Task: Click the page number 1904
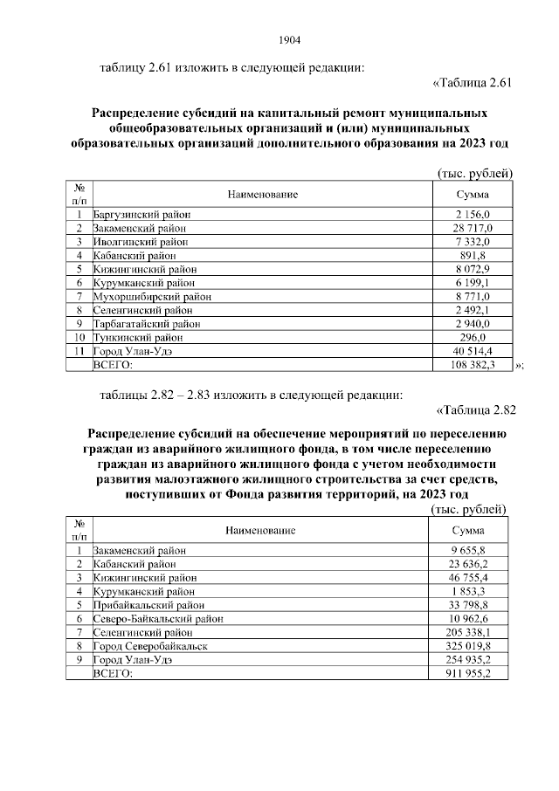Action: pyautogui.click(x=289, y=39)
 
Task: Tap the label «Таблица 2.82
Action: pyautogui.click(x=469, y=411)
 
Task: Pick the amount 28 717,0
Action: pyautogui.click(x=473, y=227)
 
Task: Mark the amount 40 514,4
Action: pyautogui.click(x=473, y=350)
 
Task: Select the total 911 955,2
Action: pyautogui.click(x=470, y=674)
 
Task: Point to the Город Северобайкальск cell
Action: pyautogui.click(x=150, y=646)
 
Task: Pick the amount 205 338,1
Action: pyautogui.click(x=470, y=632)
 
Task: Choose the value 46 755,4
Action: pyautogui.click(x=470, y=577)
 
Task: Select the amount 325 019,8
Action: pyautogui.click(x=470, y=646)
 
